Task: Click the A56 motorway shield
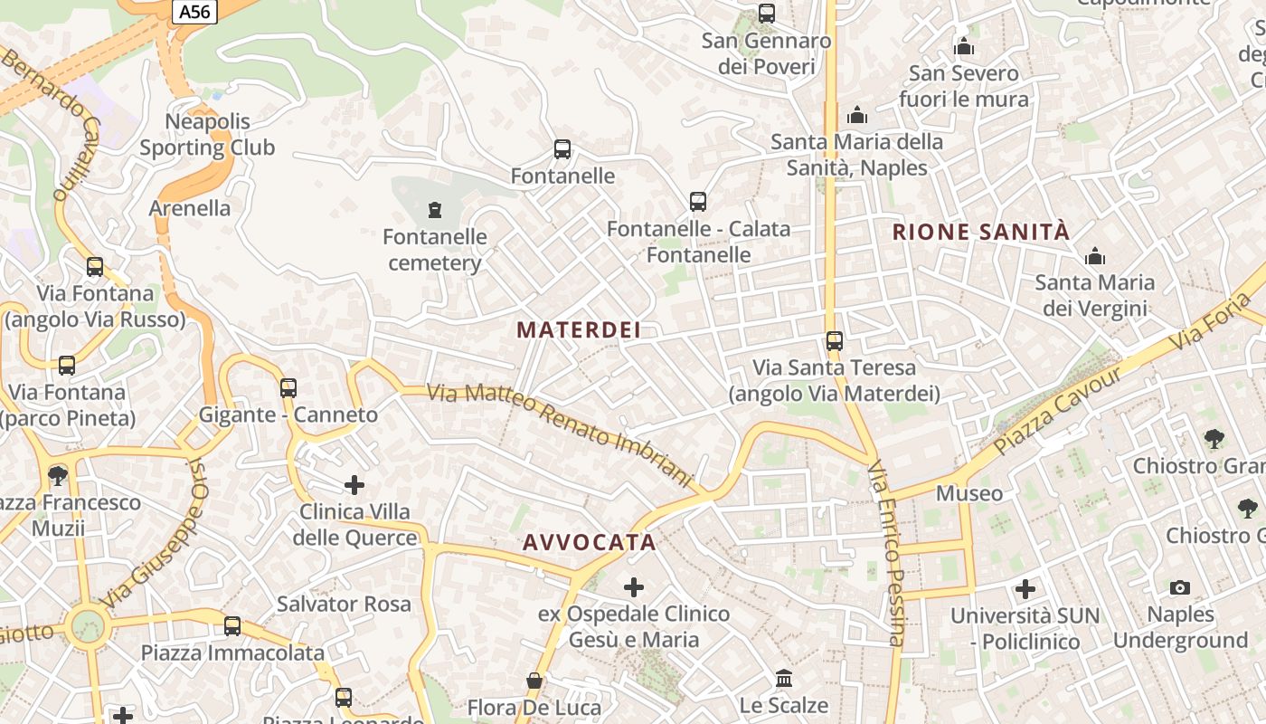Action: pyautogui.click(x=195, y=11)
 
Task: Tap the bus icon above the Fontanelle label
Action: pyautogui.click(x=562, y=149)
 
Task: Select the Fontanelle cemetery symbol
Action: pyautogui.click(x=435, y=211)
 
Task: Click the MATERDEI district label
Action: pyautogui.click(x=579, y=330)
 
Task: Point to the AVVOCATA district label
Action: pyautogui.click(x=590, y=543)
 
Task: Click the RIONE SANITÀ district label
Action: pyautogui.click(x=981, y=233)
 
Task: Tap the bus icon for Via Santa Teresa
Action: pyautogui.click(x=835, y=341)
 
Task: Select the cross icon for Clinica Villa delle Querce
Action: pyautogui.click(x=354, y=485)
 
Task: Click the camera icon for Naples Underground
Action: pyautogui.click(x=1179, y=588)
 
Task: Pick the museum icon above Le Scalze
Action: pyautogui.click(x=784, y=679)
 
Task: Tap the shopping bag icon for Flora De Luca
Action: pyautogui.click(x=534, y=681)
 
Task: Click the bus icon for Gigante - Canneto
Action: pyautogui.click(x=288, y=388)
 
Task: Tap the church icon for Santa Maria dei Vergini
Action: pyautogui.click(x=1095, y=257)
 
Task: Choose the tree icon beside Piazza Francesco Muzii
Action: pyautogui.click(x=58, y=475)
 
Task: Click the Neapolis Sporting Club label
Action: pyautogui.click(x=207, y=135)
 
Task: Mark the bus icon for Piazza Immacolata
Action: pyautogui.click(x=232, y=626)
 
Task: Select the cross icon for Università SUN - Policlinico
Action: pyautogui.click(x=1025, y=590)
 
